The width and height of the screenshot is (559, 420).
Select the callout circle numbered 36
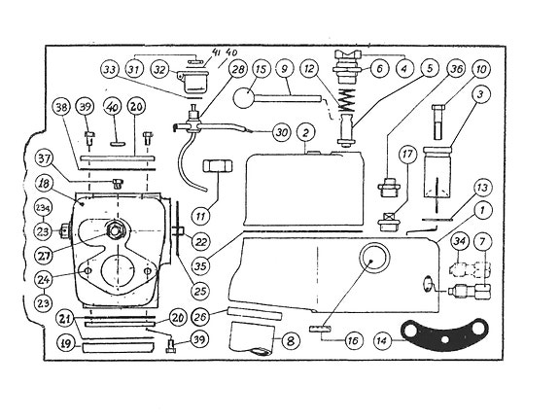click(458, 69)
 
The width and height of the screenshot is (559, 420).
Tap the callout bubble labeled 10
click(482, 69)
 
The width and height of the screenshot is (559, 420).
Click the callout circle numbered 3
click(481, 95)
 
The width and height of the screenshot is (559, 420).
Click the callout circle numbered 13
click(481, 187)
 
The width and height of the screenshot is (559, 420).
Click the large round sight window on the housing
click(373, 262)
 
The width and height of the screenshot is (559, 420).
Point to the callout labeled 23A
click(43, 208)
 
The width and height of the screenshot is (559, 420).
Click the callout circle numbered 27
click(44, 257)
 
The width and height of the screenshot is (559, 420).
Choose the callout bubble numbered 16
click(356, 340)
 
